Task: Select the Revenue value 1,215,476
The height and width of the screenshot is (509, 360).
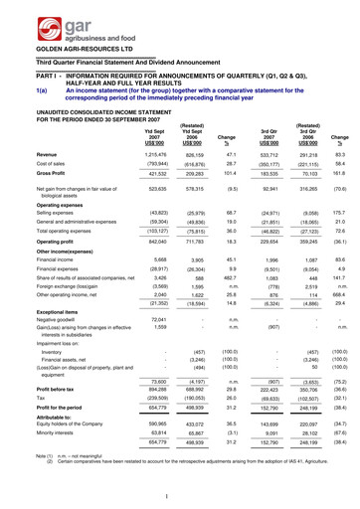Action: coord(146,155)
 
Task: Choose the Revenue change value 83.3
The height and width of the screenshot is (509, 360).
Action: coord(338,155)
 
